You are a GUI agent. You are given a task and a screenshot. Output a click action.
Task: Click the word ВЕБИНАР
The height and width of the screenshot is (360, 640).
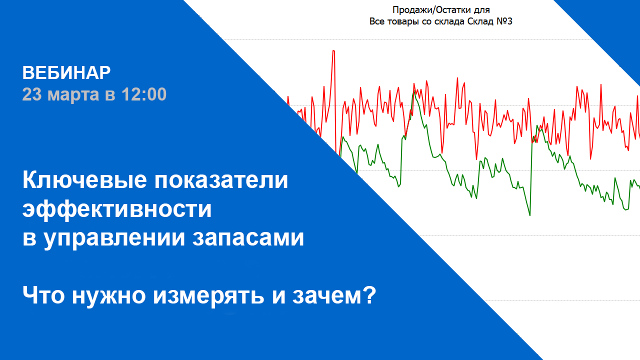click(x=66, y=73)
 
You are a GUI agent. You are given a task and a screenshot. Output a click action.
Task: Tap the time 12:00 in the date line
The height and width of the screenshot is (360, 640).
click(x=144, y=94)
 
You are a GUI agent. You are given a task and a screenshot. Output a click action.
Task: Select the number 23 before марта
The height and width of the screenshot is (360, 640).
click(x=32, y=94)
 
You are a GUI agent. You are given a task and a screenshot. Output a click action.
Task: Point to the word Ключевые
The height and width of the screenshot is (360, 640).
click(x=84, y=180)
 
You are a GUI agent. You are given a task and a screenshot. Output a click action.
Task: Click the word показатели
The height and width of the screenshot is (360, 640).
click(x=221, y=180)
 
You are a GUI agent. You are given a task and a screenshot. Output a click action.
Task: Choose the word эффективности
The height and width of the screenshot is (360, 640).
click(x=117, y=210)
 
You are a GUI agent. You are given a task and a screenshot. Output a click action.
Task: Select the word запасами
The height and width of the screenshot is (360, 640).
click(x=248, y=238)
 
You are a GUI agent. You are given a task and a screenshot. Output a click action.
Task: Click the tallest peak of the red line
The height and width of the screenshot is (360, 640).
click(x=333, y=51)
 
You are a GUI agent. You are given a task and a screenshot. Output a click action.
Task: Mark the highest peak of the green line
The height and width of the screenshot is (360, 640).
click(x=413, y=91)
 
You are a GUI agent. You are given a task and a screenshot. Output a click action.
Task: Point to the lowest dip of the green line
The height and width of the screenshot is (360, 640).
click(x=530, y=215)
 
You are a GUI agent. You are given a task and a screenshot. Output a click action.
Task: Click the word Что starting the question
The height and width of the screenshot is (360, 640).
click(x=43, y=295)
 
